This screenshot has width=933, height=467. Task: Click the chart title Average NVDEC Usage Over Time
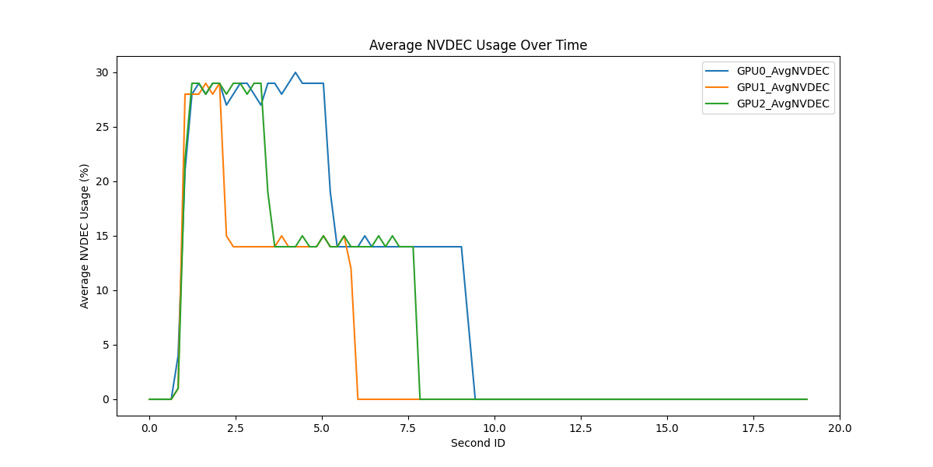click(478, 45)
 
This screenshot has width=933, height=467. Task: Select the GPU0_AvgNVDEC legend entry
click(783, 71)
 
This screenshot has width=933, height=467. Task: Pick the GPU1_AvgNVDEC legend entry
click(783, 87)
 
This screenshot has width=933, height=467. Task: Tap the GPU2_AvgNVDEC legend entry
click(783, 104)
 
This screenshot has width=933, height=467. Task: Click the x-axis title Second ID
click(478, 444)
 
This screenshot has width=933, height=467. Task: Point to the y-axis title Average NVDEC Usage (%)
click(85, 236)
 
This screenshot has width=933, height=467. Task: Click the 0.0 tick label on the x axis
click(149, 427)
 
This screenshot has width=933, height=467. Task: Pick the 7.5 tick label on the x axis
click(408, 427)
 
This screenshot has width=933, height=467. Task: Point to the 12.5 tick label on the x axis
click(581, 427)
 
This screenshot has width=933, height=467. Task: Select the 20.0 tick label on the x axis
click(840, 427)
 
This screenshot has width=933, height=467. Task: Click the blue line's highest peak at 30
click(295, 72)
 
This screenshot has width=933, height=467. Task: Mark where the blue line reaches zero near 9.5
click(475, 399)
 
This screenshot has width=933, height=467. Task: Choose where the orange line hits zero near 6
click(358, 399)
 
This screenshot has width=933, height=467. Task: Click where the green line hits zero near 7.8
click(420, 399)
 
